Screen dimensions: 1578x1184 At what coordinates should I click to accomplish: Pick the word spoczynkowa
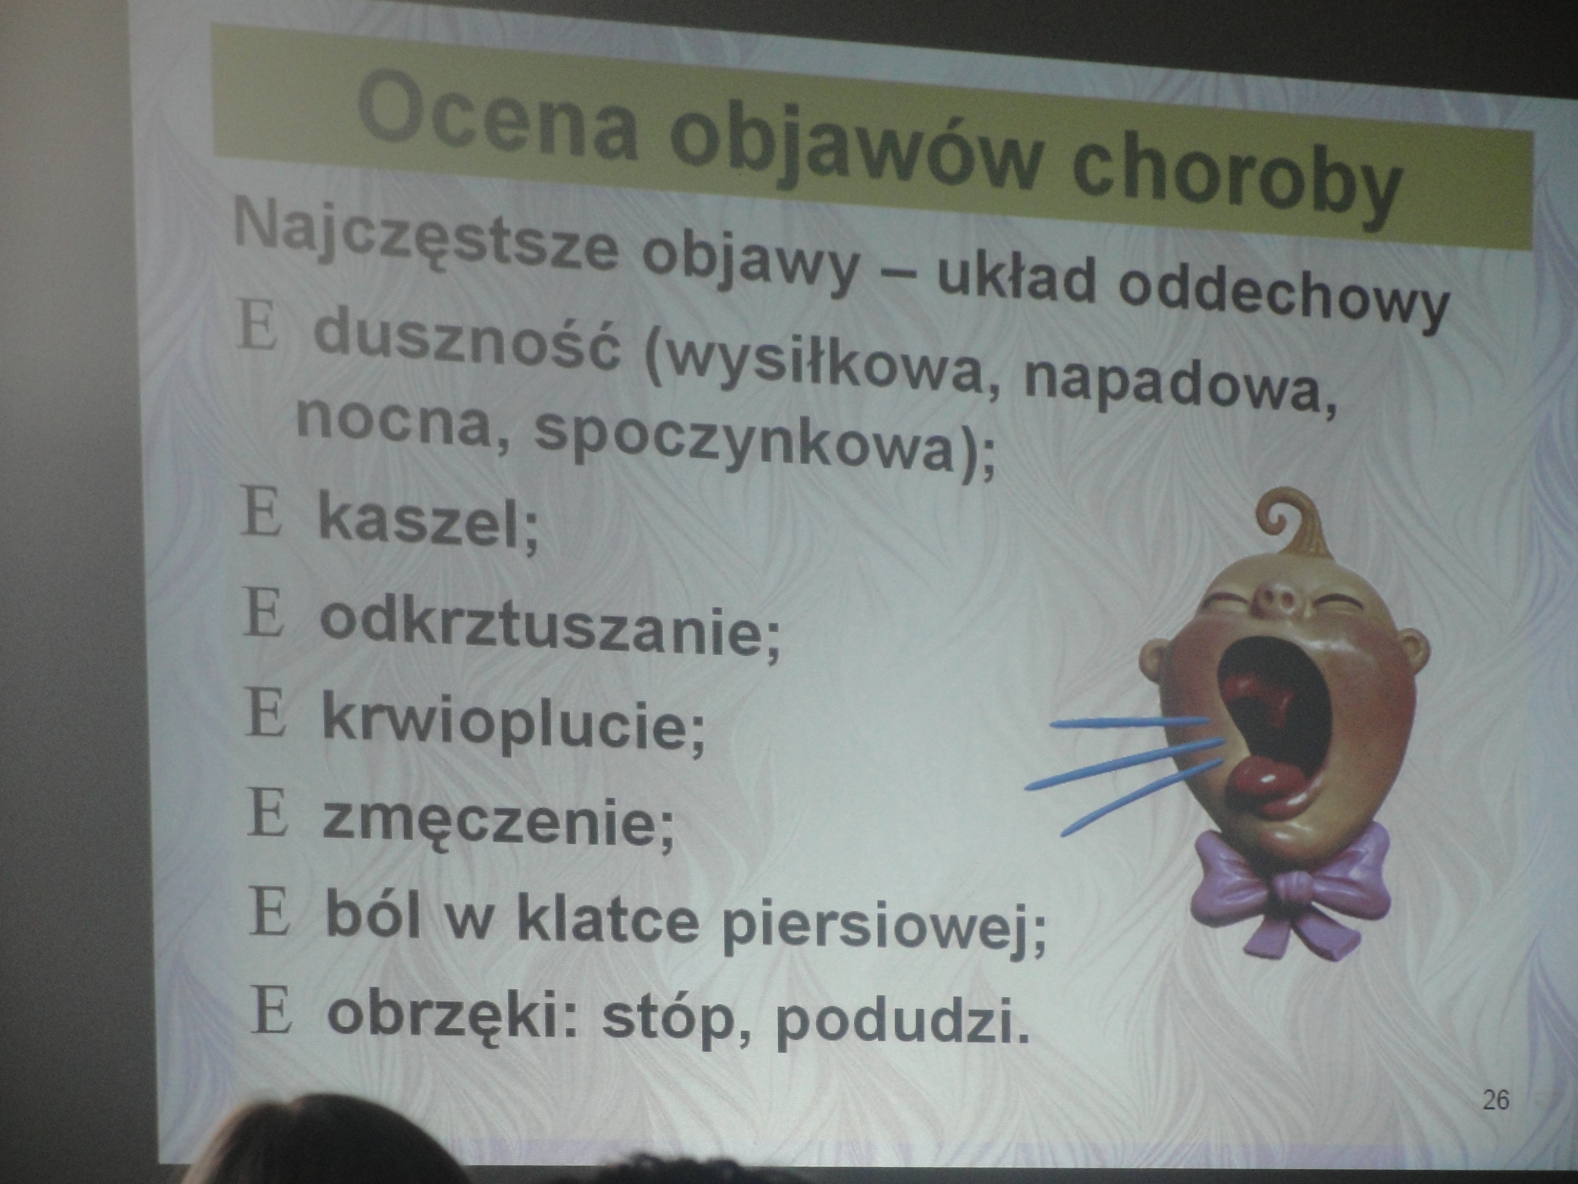(x=745, y=438)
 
